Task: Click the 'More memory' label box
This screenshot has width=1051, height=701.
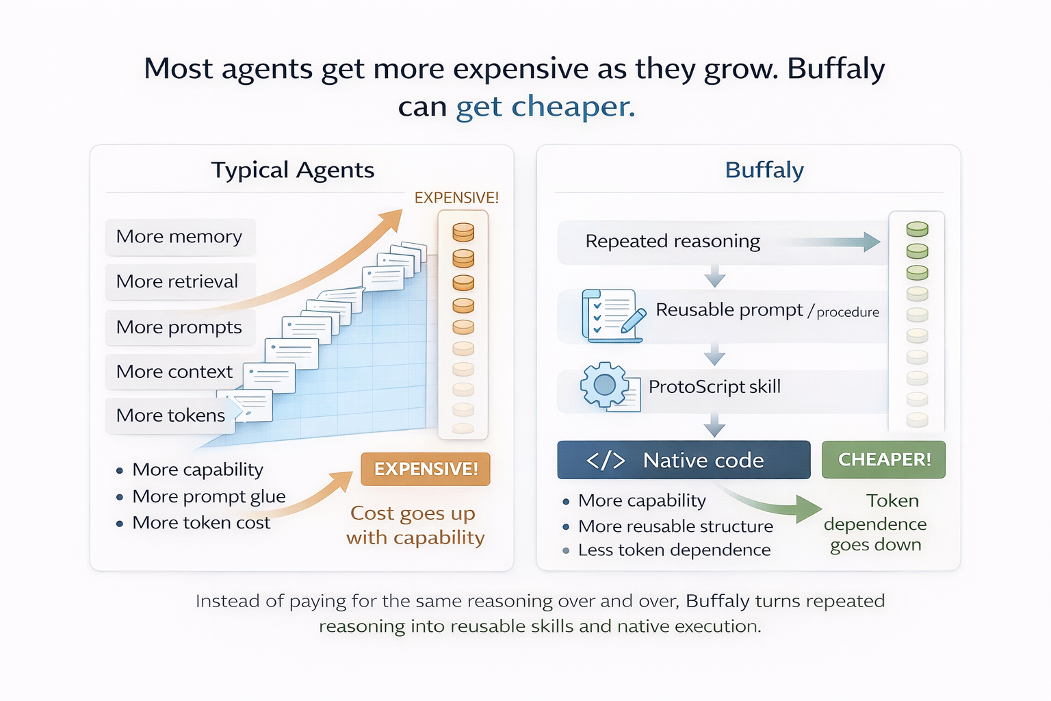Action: (180, 237)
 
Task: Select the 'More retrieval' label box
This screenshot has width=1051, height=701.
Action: (180, 281)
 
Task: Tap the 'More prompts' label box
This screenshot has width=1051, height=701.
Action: (180, 327)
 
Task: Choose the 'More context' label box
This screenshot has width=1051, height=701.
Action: (175, 372)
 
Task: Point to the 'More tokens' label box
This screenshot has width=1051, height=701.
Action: (170, 416)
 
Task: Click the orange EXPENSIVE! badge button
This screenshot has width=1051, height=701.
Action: (426, 469)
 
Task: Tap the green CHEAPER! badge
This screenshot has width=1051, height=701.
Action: (883, 459)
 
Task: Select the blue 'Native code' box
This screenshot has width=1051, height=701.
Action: (684, 460)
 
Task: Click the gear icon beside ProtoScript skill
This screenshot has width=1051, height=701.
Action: (604, 385)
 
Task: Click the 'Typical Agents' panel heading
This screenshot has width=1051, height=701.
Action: (293, 170)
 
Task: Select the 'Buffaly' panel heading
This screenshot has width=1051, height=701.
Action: (764, 170)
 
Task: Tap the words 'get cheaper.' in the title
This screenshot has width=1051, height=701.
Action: (545, 107)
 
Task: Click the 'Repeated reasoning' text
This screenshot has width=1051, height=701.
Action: (673, 242)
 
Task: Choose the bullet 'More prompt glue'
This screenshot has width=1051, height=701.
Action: (209, 496)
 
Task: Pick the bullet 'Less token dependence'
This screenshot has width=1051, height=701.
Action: (674, 550)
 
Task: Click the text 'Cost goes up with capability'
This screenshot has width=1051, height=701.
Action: (415, 525)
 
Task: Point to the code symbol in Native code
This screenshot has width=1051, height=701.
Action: (606, 460)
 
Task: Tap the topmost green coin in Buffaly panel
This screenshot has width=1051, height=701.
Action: (917, 229)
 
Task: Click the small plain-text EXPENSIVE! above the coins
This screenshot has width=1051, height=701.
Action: (456, 198)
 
